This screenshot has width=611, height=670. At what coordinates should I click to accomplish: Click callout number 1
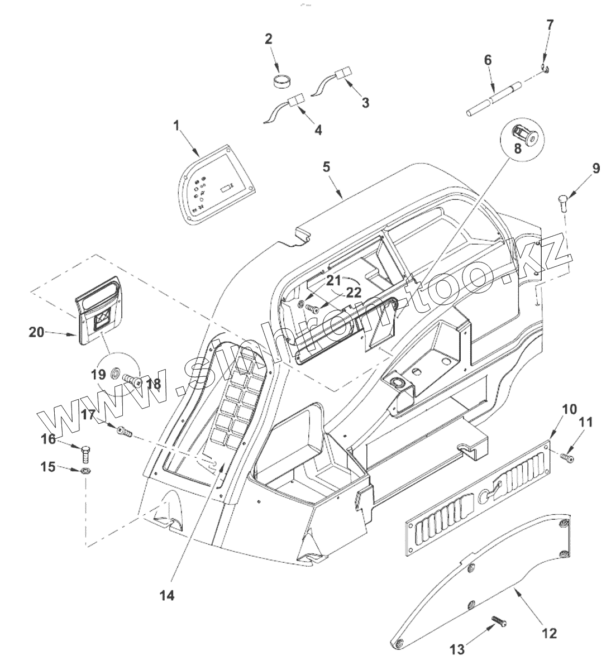pos(176,126)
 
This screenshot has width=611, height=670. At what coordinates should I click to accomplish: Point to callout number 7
pos(550,25)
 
